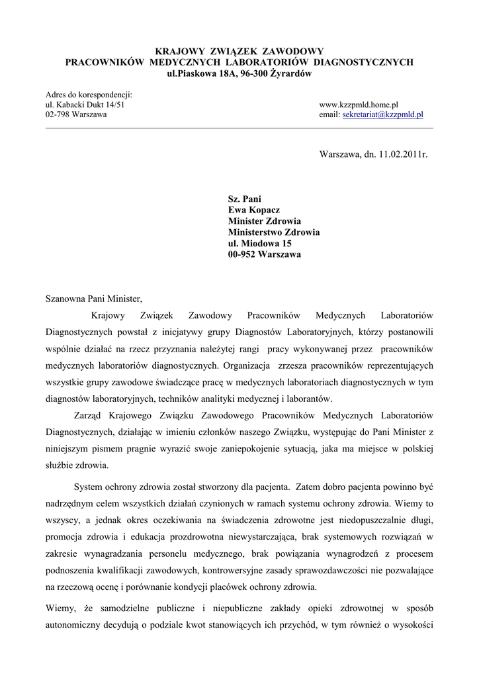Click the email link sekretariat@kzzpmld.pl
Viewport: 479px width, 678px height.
coord(382,115)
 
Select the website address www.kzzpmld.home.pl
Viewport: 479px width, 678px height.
coord(358,105)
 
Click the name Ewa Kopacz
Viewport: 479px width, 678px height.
coord(254,210)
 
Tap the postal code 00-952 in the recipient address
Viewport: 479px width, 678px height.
coord(242,255)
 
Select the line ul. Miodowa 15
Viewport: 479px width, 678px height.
coord(259,244)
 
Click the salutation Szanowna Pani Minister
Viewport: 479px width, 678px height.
coord(93,298)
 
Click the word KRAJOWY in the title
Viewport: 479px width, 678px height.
coord(180,51)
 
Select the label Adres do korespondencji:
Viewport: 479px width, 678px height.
coord(89,95)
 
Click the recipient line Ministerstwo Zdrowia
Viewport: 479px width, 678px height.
coord(274,232)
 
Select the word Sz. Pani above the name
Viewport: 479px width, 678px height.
coord(245,199)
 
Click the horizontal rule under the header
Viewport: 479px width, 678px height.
coord(239,127)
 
